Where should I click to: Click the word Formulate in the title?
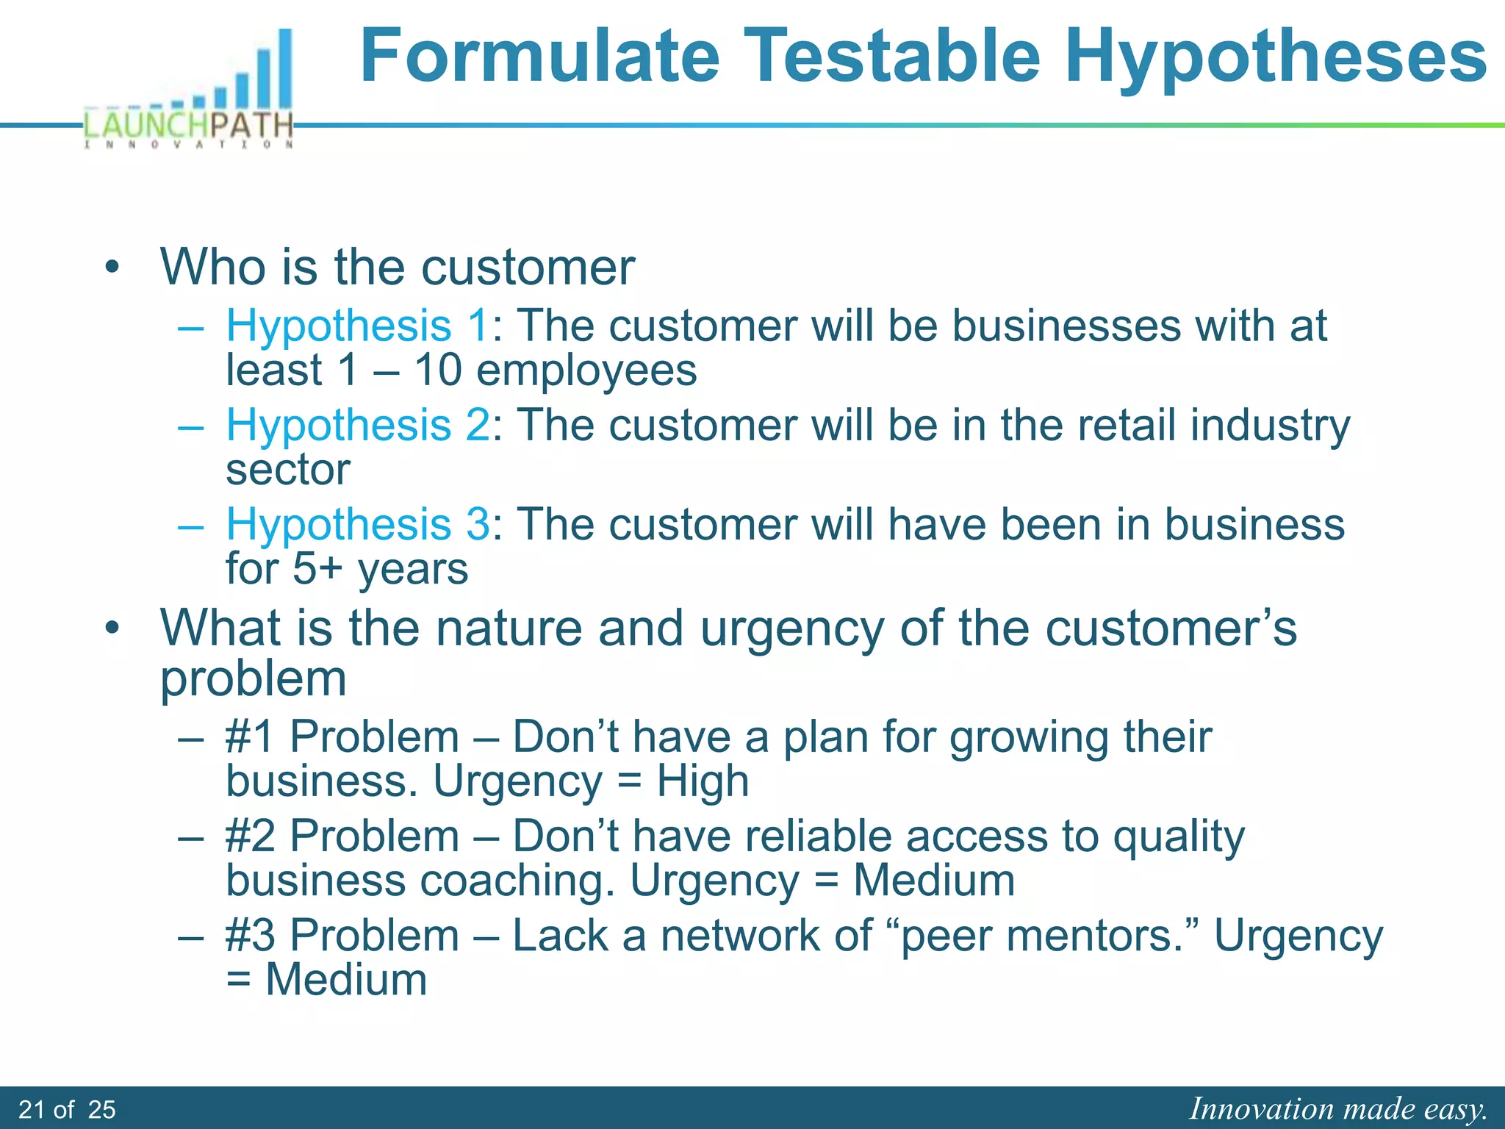(x=540, y=56)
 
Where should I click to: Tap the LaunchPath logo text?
(x=189, y=125)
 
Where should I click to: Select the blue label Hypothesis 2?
(x=357, y=425)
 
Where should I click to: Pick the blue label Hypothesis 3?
(x=357, y=524)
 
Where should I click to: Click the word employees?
(x=586, y=370)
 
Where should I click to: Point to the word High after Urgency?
(x=703, y=781)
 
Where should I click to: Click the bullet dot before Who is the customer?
(x=112, y=267)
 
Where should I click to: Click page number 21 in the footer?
(x=32, y=1109)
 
